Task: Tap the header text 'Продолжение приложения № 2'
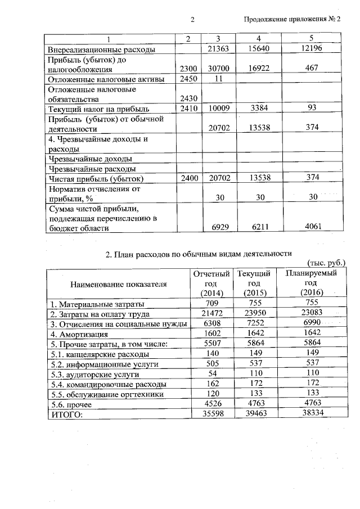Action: tap(292, 20)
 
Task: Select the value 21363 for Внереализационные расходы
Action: tap(217, 50)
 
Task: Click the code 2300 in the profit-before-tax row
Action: tap(187, 69)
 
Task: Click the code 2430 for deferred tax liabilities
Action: tap(187, 99)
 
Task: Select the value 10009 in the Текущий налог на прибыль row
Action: tap(217, 109)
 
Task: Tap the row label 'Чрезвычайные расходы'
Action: tap(92, 168)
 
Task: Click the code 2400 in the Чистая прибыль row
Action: tap(187, 178)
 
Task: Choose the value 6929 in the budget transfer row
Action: tap(217, 228)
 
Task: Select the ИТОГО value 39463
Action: tap(254, 414)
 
